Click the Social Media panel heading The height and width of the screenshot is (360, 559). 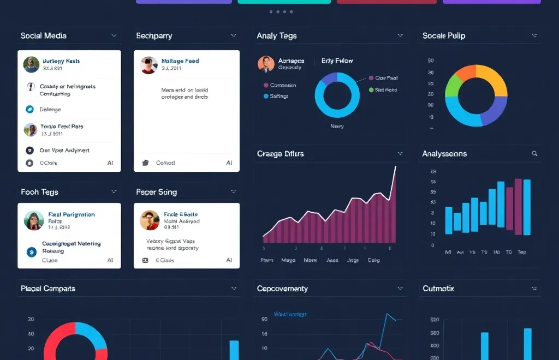pos(44,36)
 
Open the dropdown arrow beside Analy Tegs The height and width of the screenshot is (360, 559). pos(400,36)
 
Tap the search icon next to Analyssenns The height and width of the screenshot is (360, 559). pos(534,154)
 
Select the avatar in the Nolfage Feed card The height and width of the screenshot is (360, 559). pos(148,65)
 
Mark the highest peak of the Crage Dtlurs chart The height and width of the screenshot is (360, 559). pos(395,166)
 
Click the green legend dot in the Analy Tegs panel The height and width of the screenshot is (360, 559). pos(371,90)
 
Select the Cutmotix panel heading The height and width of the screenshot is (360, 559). pos(438,289)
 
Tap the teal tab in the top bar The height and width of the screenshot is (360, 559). pos(284,2)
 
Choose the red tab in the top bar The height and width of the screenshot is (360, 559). pos(386,2)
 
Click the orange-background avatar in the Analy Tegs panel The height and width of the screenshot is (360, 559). pos(266,64)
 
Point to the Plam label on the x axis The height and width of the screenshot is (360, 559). pos(266,260)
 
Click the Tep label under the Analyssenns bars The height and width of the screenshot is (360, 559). pos(522,252)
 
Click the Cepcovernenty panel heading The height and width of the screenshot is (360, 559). pos(282,289)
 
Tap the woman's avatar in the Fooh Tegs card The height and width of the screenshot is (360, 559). pos(34,220)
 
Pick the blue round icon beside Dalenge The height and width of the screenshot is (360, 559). pos(29,109)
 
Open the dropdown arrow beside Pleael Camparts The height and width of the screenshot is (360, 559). pos(234,289)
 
